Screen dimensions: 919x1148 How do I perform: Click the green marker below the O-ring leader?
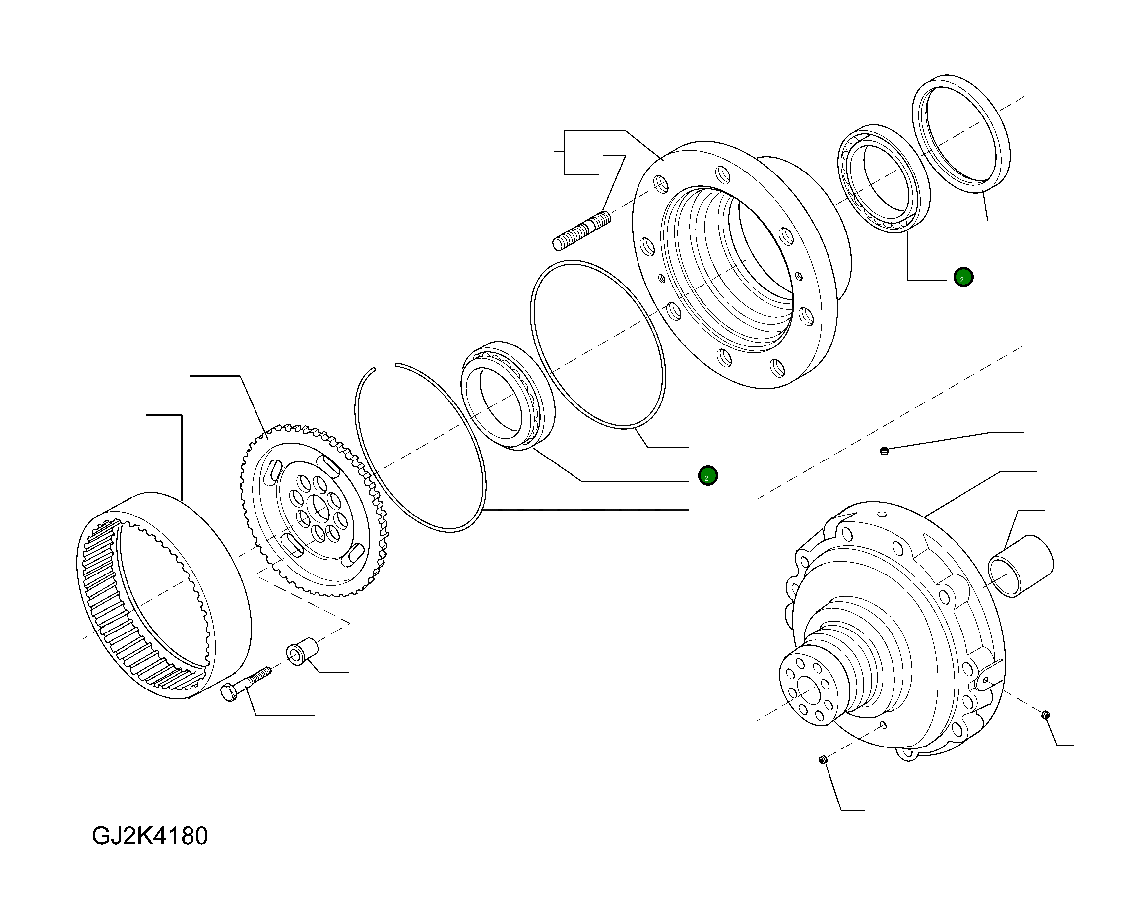coord(707,476)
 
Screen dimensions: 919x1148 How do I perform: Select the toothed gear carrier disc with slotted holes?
coord(314,511)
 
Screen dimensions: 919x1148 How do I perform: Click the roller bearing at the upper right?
coord(884,178)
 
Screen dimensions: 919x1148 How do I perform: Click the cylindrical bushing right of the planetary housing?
coord(1020,566)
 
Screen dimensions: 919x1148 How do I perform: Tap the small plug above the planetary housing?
coord(884,451)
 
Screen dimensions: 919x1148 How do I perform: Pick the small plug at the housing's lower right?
coord(1045,715)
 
